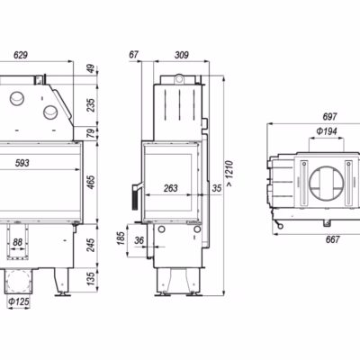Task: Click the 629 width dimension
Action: point(21,55)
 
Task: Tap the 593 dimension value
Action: point(22,163)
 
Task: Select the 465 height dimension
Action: point(91,182)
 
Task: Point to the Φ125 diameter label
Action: point(19,301)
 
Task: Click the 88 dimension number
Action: point(18,242)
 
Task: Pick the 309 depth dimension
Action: point(182,55)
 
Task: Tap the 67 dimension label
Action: point(133,55)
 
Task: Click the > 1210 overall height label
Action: point(229,174)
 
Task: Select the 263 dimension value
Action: point(171,188)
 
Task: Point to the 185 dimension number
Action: point(121,238)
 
